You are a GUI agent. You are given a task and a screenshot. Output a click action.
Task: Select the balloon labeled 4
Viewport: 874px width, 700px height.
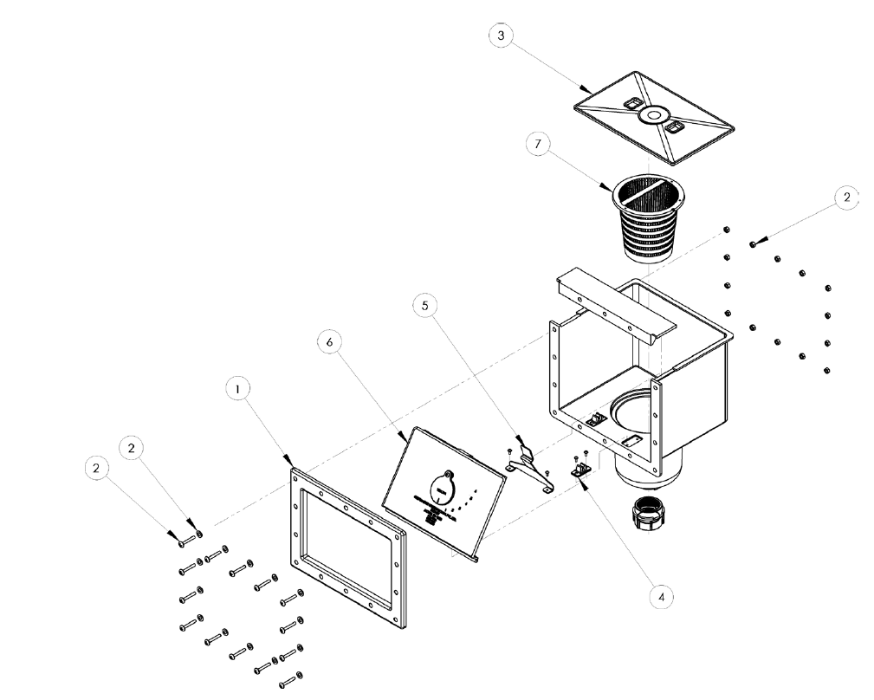[662, 596]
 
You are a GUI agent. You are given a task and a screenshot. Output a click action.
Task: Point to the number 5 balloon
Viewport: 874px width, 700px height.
[425, 306]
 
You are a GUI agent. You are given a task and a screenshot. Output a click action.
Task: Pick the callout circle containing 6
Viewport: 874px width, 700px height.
[329, 342]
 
